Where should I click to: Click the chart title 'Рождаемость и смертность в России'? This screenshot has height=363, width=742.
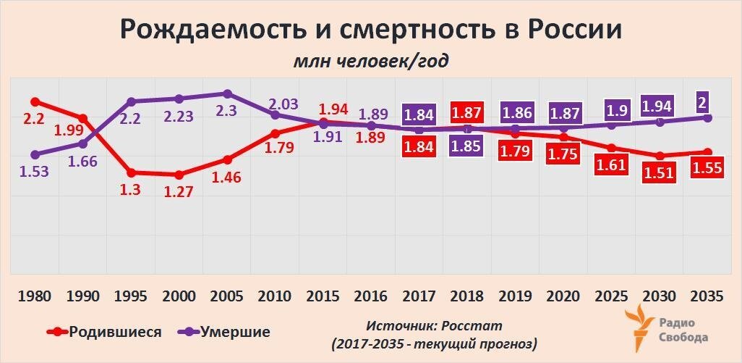point(370,30)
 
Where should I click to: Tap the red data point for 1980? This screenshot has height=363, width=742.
point(34,101)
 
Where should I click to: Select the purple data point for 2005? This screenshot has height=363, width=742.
point(227,93)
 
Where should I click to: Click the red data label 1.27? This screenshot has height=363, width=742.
point(178,194)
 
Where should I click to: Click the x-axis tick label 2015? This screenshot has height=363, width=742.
point(323,297)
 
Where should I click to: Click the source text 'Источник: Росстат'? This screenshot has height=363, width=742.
point(434,326)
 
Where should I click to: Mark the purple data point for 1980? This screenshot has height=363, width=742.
point(34,154)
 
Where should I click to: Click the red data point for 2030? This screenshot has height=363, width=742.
point(659,156)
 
